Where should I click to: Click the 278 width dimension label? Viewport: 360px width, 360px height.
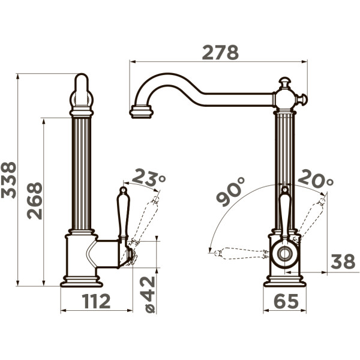point(220,53)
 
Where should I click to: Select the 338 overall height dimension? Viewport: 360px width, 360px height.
point(8,180)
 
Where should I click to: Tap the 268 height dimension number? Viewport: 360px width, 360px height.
point(35,201)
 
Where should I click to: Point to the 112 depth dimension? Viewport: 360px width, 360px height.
point(97,301)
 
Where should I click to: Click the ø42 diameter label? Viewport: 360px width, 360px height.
point(150,295)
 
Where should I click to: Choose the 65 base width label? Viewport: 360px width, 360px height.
point(286,301)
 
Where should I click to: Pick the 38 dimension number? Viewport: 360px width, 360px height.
point(343,262)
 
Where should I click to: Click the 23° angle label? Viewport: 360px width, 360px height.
point(149,178)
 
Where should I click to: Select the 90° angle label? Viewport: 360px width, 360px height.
point(231,192)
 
